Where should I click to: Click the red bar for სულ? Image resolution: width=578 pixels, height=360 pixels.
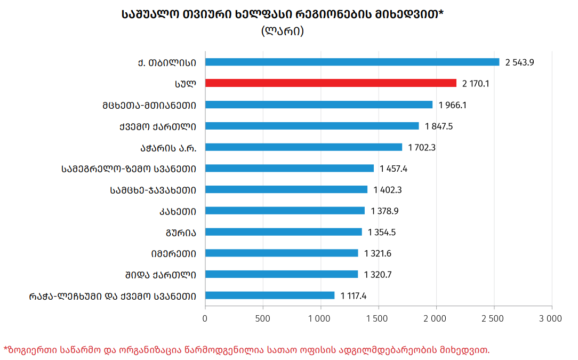[x=331, y=83]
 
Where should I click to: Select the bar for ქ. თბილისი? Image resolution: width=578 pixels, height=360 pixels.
[x=352, y=62]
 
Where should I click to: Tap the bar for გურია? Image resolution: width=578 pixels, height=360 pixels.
[x=284, y=232]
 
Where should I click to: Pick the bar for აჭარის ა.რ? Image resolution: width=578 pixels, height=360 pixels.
[x=304, y=147]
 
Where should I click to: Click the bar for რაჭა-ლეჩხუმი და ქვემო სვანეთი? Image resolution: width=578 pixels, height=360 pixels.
[x=270, y=295]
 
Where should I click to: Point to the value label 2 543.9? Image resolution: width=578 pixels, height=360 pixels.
[x=519, y=62]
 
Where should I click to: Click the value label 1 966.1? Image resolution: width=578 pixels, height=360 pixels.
[x=452, y=105]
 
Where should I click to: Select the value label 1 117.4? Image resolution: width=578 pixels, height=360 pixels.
[x=353, y=296]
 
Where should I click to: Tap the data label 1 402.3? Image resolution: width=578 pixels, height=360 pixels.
[x=388, y=190]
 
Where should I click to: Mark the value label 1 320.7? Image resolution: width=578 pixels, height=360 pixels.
[x=378, y=275]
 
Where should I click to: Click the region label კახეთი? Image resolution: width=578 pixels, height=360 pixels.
[x=178, y=212]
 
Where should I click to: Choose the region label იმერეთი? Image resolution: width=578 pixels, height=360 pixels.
[x=174, y=254]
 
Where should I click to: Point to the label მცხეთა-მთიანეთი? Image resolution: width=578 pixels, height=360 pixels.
[x=149, y=106]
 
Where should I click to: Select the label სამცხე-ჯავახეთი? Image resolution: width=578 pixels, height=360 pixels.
[x=153, y=190]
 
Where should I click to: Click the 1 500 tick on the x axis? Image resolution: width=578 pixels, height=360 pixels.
[x=377, y=318]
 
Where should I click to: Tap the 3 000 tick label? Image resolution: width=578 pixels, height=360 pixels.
[x=550, y=318]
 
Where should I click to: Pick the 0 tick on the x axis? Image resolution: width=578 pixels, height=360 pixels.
[x=205, y=318]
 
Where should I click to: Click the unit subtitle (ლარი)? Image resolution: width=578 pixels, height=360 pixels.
[x=283, y=30]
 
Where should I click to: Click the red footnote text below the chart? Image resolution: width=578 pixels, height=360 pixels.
[x=246, y=350]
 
